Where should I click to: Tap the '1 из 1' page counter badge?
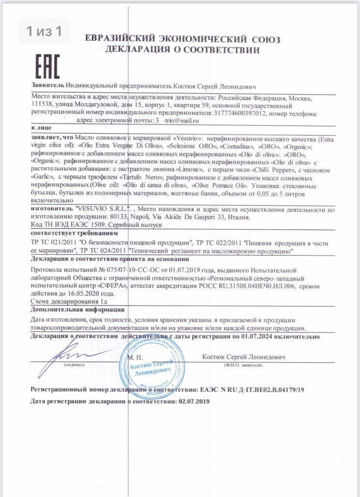pos(45,32)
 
